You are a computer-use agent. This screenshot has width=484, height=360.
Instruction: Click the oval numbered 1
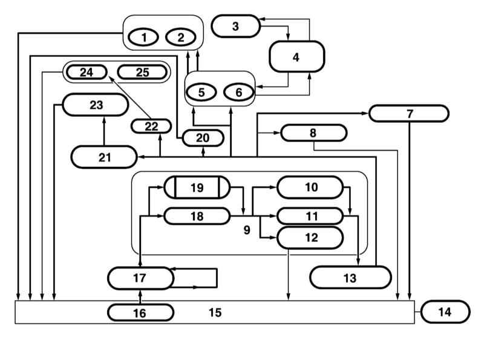click(x=144, y=38)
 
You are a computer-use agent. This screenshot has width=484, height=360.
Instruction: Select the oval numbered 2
click(x=180, y=38)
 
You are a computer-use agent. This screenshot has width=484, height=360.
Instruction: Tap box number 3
click(x=236, y=26)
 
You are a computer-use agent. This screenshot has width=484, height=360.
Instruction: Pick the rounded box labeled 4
click(x=296, y=57)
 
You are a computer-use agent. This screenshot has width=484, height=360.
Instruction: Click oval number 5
click(x=202, y=92)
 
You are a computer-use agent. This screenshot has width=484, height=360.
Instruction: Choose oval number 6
click(x=238, y=92)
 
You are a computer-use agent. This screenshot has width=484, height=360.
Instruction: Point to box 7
click(x=409, y=113)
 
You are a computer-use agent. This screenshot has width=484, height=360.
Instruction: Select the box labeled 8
click(x=313, y=133)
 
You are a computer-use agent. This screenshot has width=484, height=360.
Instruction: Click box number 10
click(x=310, y=187)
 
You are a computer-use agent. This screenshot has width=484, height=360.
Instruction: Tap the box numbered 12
click(x=310, y=237)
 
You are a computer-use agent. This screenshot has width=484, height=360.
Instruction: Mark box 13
click(x=350, y=277)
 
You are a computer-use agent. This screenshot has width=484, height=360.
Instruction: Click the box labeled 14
click(x=445, y=312)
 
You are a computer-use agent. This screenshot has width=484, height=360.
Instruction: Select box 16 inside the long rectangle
click(x=140, y=312)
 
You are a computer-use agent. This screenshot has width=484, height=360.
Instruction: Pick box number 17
click(x=140, y=278)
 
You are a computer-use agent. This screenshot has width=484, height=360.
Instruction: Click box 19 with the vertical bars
click(x=197, y=187)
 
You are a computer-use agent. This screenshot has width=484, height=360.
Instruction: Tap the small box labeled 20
click(x=203, y=138)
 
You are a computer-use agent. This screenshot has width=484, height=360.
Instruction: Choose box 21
click(x=103, y=157)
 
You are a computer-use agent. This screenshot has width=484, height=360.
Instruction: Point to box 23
click(x=96, y=105)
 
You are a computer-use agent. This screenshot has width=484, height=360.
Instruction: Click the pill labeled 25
click(x=142, y=73)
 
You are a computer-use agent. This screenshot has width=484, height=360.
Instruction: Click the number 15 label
click(x=215, y=313)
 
